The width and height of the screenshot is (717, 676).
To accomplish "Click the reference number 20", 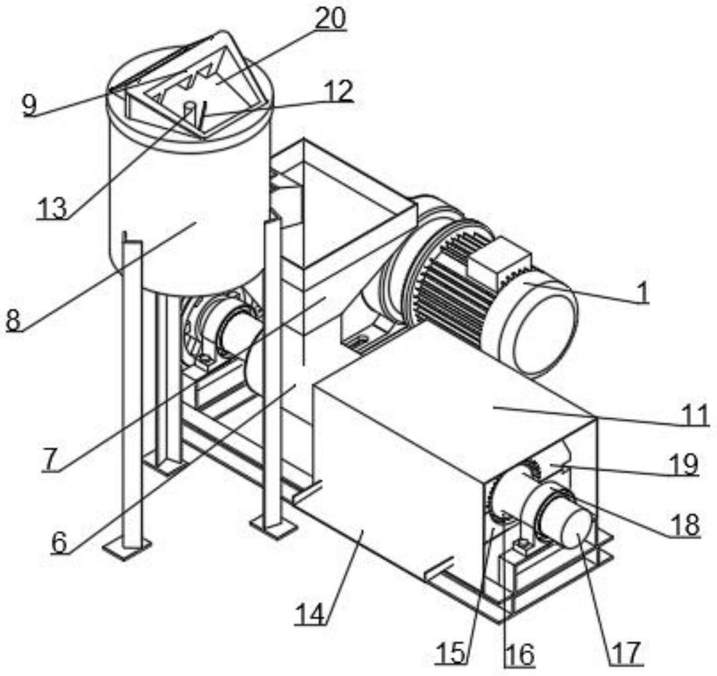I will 330,19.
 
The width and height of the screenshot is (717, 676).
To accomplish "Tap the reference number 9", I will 29,104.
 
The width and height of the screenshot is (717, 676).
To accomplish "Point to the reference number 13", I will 52,207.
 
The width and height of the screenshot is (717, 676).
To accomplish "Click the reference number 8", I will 13,320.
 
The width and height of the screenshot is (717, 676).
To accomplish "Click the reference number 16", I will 519,654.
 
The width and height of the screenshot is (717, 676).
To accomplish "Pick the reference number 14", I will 311,615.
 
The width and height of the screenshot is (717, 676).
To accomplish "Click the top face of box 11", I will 463,396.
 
